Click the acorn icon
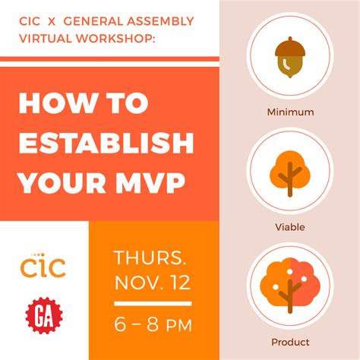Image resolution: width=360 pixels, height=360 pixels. pos(290,58)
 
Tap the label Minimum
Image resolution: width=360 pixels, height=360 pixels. pos(290,112)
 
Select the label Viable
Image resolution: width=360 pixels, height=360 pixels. pos(290,227)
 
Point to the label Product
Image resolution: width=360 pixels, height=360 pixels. pos(290,343)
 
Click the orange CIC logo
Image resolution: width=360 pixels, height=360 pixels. pos(43,265)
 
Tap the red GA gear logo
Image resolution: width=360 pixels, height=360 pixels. pos(44,315)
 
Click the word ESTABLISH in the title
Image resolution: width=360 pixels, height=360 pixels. pos(106,143)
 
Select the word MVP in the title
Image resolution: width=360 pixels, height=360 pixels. pos(150,183)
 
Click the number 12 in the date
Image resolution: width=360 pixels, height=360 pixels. pos(180,283)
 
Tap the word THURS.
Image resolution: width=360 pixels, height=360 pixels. pos(150,257)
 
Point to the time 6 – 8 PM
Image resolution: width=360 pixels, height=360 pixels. pos(153,324)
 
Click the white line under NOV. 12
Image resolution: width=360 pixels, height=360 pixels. pos(153,304)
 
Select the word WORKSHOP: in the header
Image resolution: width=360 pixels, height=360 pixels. pos(115,39)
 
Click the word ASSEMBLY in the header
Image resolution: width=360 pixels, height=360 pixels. pos(160,21)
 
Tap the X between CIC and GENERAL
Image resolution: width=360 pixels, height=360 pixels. pos(52,21)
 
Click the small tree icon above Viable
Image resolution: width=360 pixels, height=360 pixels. pos(290,174)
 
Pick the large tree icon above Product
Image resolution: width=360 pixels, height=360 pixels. pos(290,286)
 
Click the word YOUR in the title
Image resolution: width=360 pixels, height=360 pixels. pos(62,183)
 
